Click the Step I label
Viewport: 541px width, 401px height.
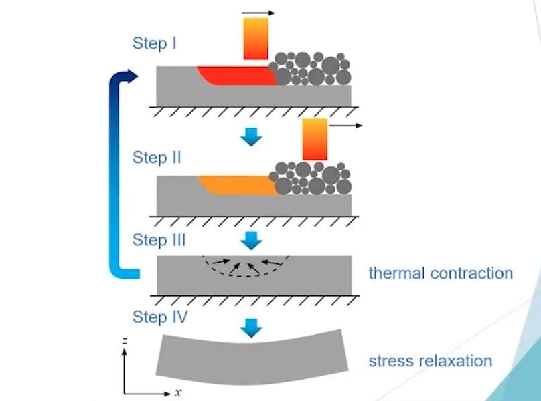(x=155, y=44)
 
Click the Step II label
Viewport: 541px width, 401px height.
(x=157, y=158)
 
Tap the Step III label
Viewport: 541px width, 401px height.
(x=159, y=240)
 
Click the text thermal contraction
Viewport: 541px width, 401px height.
(x=441, y=273)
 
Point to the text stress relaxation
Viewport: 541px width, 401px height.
(x=430, y=362)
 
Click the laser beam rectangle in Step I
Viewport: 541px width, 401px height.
(x=256, y=39)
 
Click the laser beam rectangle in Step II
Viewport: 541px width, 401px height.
(x=315, y=139)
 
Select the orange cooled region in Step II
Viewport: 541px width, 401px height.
(x=238, y=184)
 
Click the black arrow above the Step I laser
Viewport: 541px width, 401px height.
(x=258, y=12)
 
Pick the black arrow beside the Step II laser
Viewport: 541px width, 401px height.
(x=345, y=126)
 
